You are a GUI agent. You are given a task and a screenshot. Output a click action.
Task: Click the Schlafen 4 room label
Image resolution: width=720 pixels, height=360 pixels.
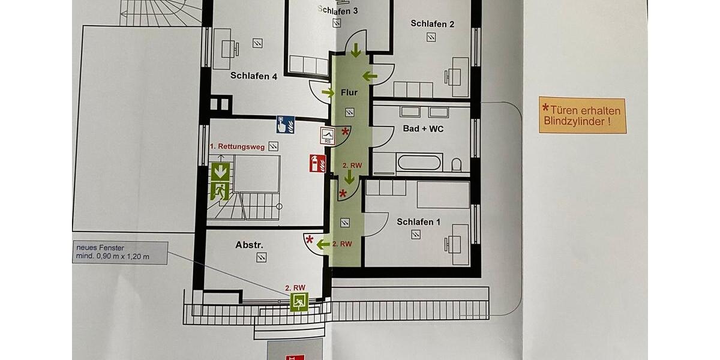point(253,76)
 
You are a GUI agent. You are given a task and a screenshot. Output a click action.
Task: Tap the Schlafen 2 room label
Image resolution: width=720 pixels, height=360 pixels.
point(432,24)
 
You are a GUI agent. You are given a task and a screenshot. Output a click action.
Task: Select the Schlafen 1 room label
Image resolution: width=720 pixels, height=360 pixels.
point(418,222)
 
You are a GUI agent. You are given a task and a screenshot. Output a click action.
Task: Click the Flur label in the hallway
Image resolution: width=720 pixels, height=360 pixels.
point(349,92)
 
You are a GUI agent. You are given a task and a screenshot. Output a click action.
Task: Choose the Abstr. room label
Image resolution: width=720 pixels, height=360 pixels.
point(250,245)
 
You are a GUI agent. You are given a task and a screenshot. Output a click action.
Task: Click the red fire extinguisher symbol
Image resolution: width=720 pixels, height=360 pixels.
point(317,163)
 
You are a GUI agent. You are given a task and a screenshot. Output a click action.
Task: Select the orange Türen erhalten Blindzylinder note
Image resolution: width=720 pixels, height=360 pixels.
point(582,115)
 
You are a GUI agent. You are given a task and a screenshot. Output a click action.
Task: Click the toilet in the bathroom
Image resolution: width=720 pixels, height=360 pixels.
point(457,164)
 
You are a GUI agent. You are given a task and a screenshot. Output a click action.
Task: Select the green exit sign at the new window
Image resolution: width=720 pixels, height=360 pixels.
point(299,302)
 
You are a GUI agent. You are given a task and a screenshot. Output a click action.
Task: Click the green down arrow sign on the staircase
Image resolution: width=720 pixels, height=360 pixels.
point(220,171)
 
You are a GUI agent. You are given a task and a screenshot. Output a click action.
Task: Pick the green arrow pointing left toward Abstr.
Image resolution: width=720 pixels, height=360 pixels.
point(323,244)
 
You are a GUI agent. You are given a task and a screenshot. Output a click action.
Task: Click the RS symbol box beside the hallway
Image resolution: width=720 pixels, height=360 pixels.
point(328,136)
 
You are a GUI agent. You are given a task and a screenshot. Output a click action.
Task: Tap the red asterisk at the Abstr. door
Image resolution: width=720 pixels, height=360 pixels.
point(310,240)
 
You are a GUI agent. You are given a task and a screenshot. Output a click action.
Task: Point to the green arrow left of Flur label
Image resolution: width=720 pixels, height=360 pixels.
point(328,92)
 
